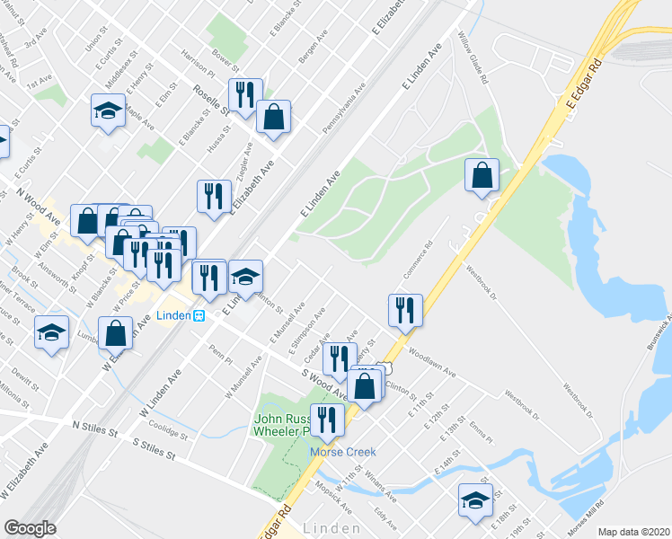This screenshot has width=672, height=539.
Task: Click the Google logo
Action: coord(30,528)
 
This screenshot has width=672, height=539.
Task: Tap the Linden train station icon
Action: coord(199,315)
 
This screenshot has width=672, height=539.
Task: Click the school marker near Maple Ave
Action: coord(108,111)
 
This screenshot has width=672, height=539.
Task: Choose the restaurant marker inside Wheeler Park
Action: coord(325,420)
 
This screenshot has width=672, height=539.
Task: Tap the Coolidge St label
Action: coord(167,431)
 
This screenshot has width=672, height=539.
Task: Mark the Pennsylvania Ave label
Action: coord(343,110)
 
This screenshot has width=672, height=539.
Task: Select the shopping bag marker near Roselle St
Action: coord(273,117)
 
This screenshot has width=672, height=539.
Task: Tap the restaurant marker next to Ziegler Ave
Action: coord(214,197)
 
